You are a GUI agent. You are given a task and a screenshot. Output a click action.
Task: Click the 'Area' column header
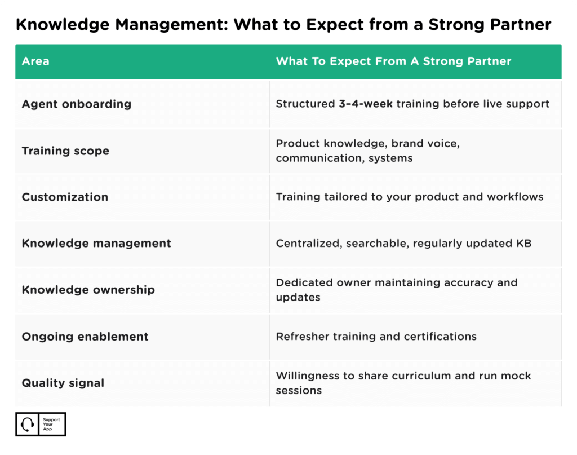[x=35, y=61]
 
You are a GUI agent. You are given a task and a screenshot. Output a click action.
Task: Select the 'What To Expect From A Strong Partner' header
[x=393, y=61]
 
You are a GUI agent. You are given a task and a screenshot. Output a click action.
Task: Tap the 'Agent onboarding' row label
[x=76, y=104]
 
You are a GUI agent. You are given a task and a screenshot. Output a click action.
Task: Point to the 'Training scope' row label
[x=65, y=151]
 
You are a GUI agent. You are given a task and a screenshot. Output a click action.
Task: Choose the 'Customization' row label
[x=65, y=197]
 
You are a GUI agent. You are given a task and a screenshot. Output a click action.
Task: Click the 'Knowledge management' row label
[x=96, y=244]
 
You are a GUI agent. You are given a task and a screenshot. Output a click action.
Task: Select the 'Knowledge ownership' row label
[x=88, y=290]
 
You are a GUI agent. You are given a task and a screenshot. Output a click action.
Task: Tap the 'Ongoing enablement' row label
[x=85, y=337]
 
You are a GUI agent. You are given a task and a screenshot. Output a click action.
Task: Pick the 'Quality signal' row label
[x=63, y=383]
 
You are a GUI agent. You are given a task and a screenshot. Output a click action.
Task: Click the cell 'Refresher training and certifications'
[x=376, y=337]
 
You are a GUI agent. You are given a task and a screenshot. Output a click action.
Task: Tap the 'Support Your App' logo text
[x=51, y=425]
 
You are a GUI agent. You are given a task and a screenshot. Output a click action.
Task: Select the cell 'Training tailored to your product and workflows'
[x=409, y=197]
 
